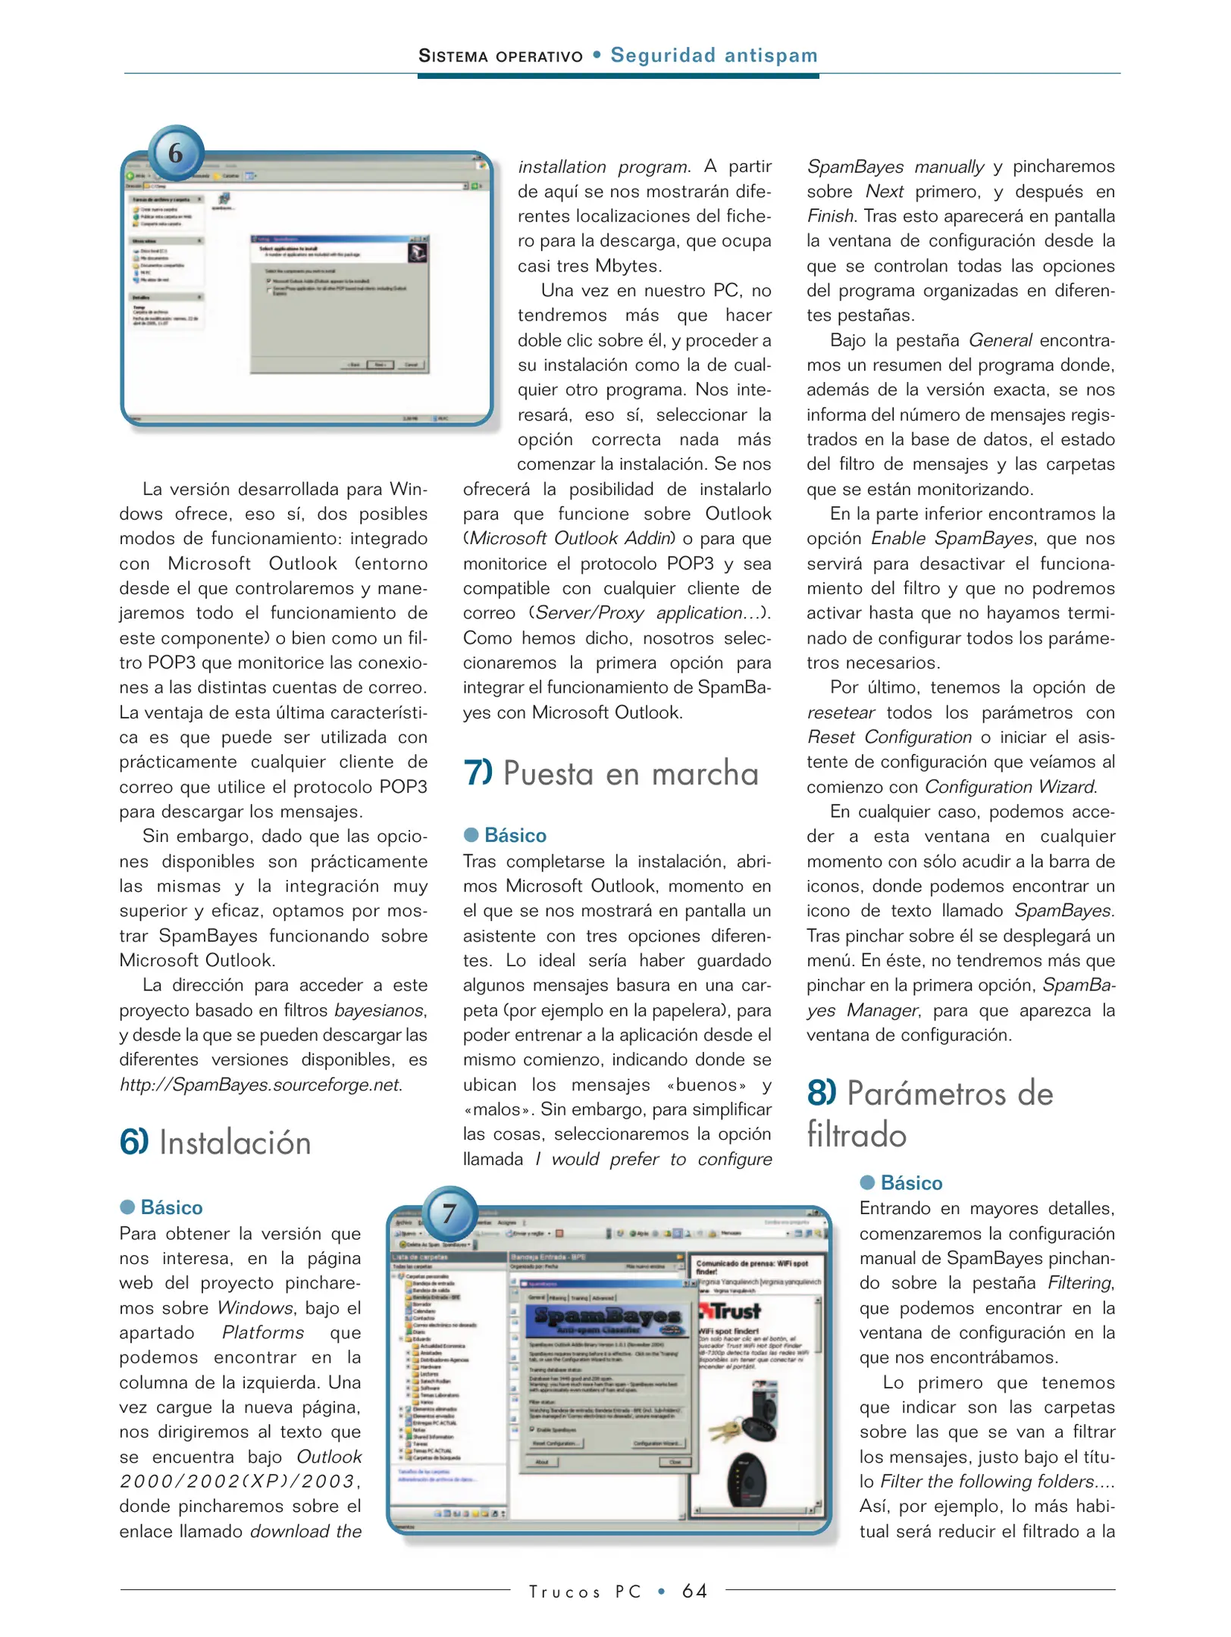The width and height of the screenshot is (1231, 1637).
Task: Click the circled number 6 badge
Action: pyautogui.click(x=176, y=153)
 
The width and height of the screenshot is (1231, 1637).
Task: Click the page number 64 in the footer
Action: pyautogui.click(x=694, y=1591)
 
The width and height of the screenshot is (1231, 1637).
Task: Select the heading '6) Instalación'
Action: pyautogui.click(x=215, y=1143)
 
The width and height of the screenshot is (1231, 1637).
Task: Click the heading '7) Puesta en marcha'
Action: pyautogui.click(x=611, y=774)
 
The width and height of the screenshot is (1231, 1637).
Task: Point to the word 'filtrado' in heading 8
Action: pyautogui.click(x=857, y=1135)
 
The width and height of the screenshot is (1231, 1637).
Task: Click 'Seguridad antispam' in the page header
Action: pyautogui.click(x=714, y=55)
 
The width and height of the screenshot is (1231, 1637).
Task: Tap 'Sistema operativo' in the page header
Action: pyautogui.click(x=501, y=56)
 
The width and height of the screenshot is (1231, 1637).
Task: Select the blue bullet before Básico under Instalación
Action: pyautogui.click(x=127, y=1207)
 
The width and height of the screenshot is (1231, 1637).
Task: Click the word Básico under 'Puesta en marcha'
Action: pyautogui.click(x=515, y=835)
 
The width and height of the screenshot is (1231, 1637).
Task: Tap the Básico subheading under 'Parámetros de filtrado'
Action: pyautogui.click(x=911, y=1183)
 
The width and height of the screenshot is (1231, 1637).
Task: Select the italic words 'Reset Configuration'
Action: pyautogui.click(x=889, y=737)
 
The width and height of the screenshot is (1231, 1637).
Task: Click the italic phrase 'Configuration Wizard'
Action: pyautogui.click(x=1010, y=787)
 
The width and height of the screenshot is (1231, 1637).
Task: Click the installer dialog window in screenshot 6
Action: pyautogui.click(x=339, y=304)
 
